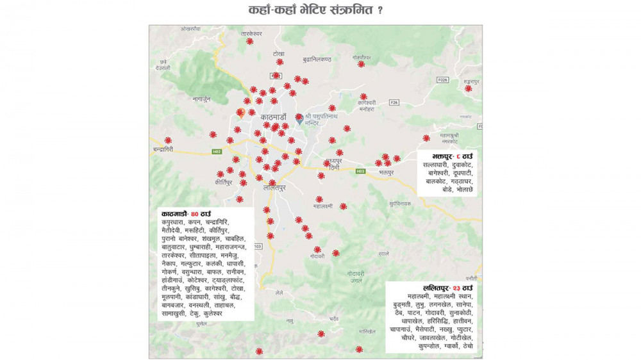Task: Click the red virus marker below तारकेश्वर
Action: click(249, 42)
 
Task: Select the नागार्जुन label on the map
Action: click(201, 99)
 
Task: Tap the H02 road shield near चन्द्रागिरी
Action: click(217, 152)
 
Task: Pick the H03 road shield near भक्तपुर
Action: click(360, 171)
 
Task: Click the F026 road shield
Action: click(442, 80)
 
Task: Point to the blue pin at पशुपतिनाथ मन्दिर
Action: click(299, 119)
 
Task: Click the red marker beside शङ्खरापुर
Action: click(469, 88)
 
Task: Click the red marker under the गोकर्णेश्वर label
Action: click(361, 64)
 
